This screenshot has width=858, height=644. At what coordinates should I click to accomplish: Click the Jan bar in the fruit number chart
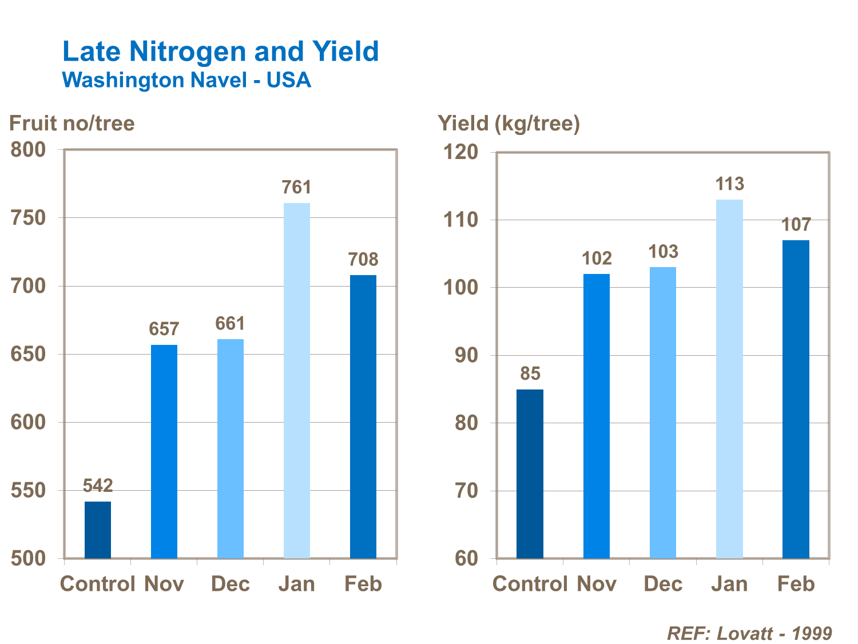(297, 380)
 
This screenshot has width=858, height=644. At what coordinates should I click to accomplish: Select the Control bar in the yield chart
(530, 474)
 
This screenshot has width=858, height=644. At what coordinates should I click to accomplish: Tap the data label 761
(296, 187)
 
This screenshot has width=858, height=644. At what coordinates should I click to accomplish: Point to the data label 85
(530, 373)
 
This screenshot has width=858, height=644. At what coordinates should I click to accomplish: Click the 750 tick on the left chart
(28, 218)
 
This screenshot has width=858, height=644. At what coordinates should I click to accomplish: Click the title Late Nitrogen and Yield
(220, 51)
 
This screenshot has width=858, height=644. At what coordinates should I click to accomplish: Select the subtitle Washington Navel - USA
(186, 80)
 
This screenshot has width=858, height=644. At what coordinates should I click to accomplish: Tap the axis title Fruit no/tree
(72, 123)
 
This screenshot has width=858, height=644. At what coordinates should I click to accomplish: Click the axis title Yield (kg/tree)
(509, 123)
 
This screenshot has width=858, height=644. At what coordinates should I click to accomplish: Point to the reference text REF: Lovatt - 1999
(749, 633)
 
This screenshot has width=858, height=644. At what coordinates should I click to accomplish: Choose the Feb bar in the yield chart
(796, 399)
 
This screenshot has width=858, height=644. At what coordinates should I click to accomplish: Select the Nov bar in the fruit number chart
(164, 451)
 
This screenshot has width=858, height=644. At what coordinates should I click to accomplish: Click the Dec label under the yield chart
(663, 584)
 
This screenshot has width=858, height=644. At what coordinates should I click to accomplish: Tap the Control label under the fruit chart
(98, 584)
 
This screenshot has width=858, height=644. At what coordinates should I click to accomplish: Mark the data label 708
(363, 260)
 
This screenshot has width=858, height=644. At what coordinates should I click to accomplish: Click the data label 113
(729, 184)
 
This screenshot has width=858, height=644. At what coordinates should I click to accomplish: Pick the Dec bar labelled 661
(231, 448)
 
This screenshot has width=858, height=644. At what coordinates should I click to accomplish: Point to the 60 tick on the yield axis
(466, 558)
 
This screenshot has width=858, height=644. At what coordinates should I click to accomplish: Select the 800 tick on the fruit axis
(28, 150)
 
